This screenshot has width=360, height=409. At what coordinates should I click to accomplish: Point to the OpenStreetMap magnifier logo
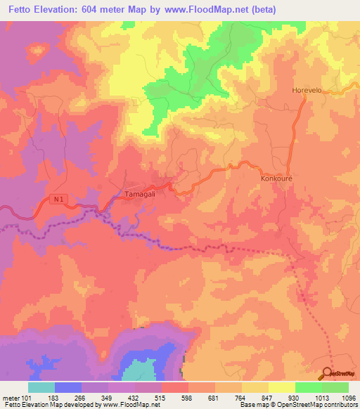point(329,372)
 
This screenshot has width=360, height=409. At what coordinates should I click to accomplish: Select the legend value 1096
point(348,397)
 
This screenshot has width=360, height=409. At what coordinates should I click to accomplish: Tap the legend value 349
point(108,397)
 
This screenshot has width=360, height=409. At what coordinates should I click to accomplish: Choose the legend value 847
point(268,397)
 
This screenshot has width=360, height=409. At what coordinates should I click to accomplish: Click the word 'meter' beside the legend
point(10,397)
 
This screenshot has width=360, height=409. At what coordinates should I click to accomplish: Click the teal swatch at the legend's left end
point(41,387)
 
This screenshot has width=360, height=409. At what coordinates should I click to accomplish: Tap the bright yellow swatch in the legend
point(281,387)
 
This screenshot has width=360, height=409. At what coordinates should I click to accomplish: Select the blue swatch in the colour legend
point(67,387)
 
